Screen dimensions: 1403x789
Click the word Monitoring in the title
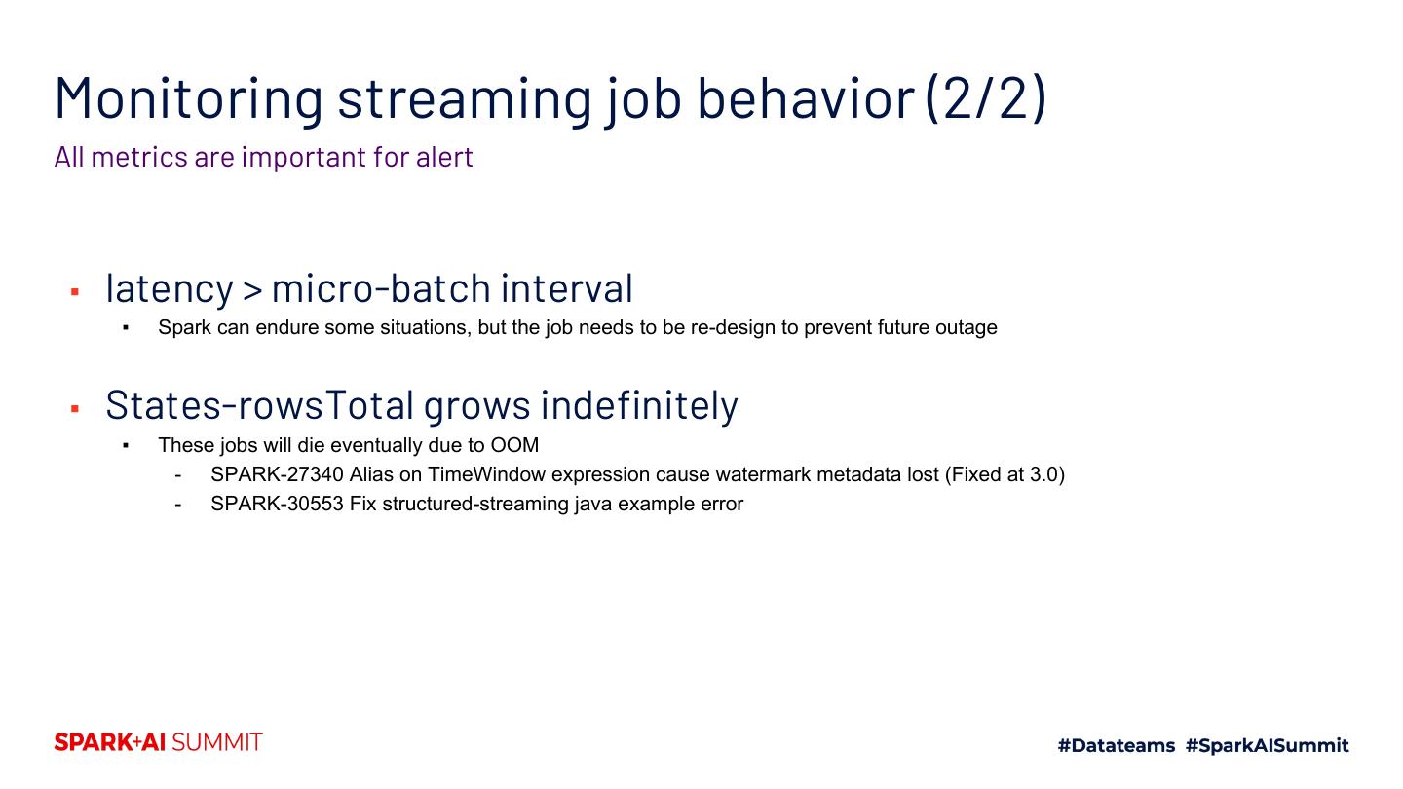tap(189, 98)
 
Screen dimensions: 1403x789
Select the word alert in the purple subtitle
tap(444, 157)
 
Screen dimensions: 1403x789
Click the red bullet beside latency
tap(75, 292)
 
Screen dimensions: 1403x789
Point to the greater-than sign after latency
tap(251, 290)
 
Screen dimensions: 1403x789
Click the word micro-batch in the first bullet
tap(381, 288)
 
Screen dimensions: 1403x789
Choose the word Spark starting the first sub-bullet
tap(185, 327)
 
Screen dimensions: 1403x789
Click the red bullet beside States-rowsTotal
tap(75, 409)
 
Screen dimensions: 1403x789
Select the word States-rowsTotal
tap(260, 405)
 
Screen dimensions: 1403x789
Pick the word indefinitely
tap(639, 405)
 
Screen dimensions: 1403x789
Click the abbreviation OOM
tap(514, 445)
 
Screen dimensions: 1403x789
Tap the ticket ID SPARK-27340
tap(277, 474)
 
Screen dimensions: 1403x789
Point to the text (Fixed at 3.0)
tap(1005, 474)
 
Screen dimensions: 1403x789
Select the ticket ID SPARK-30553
tap(277, 505)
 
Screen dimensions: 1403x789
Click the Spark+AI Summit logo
tap(159, 742)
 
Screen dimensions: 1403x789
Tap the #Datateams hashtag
tap(1117, 745)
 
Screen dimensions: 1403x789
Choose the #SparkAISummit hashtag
tap(1267, 745)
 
